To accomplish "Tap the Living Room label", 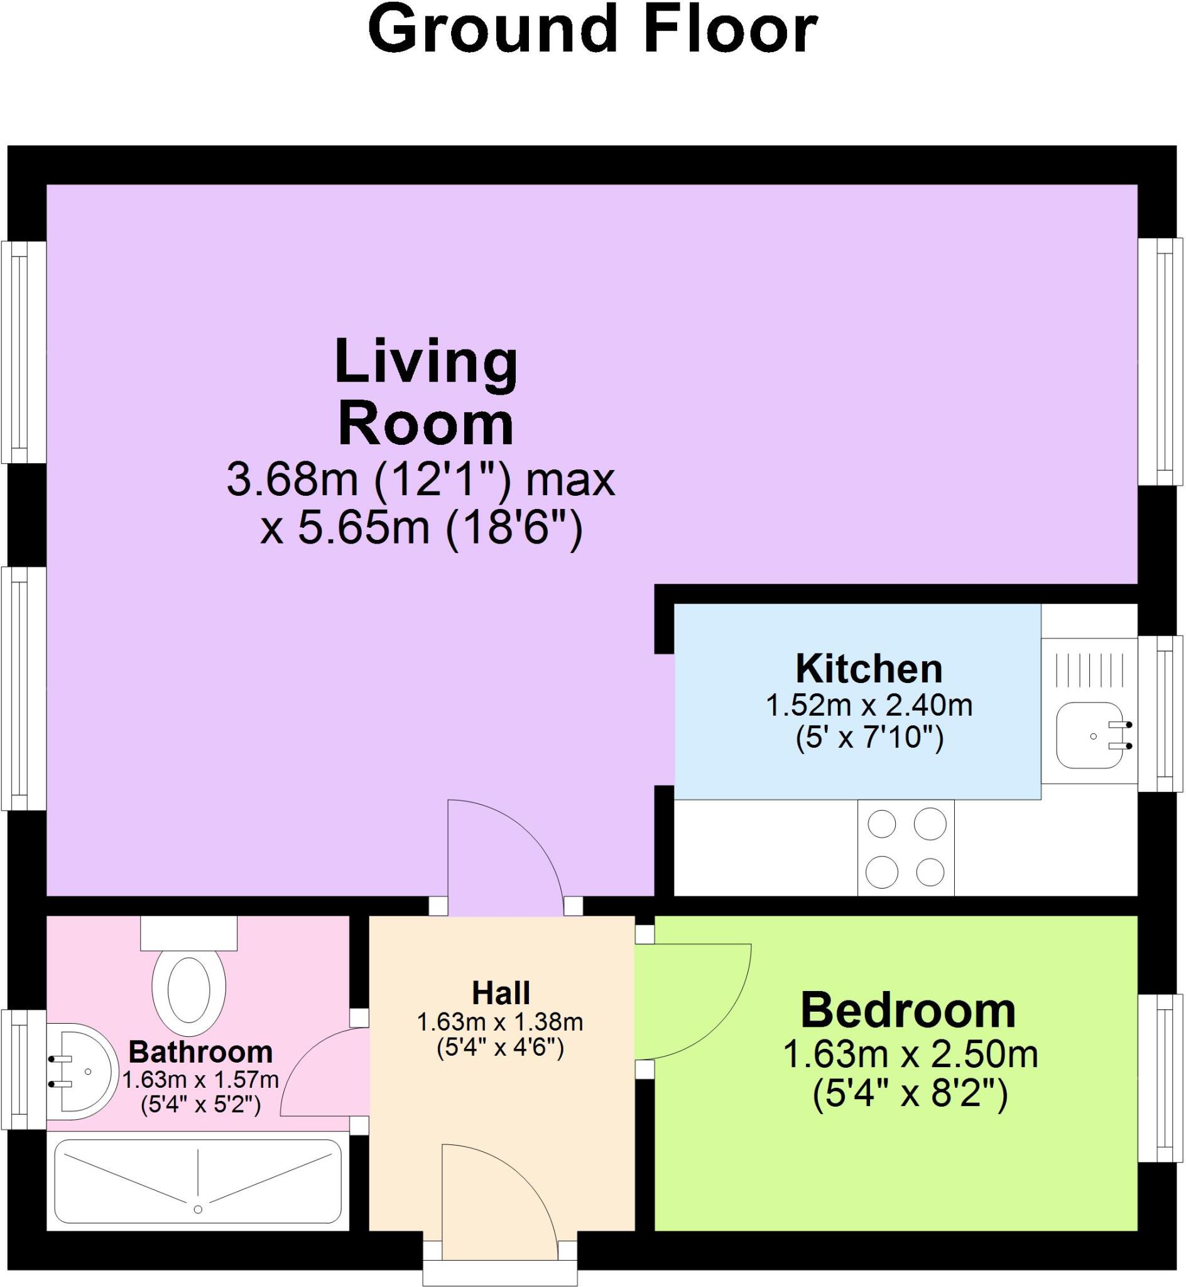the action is click(x=426, y=393).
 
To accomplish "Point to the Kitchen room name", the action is click(x=869, y=669).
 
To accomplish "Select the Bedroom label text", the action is click(x=908, y=1011).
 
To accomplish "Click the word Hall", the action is click(x=501, y=993).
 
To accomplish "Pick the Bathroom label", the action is click(x=201, y=1052).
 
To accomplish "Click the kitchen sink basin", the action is click(x=1089, y=735).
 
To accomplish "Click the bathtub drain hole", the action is click(x=198, y=1209).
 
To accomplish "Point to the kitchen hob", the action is click(x=906, y=847).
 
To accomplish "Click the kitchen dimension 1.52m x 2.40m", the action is click(x=869, y=706).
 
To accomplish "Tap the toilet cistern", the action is click(x=188, y=933).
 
